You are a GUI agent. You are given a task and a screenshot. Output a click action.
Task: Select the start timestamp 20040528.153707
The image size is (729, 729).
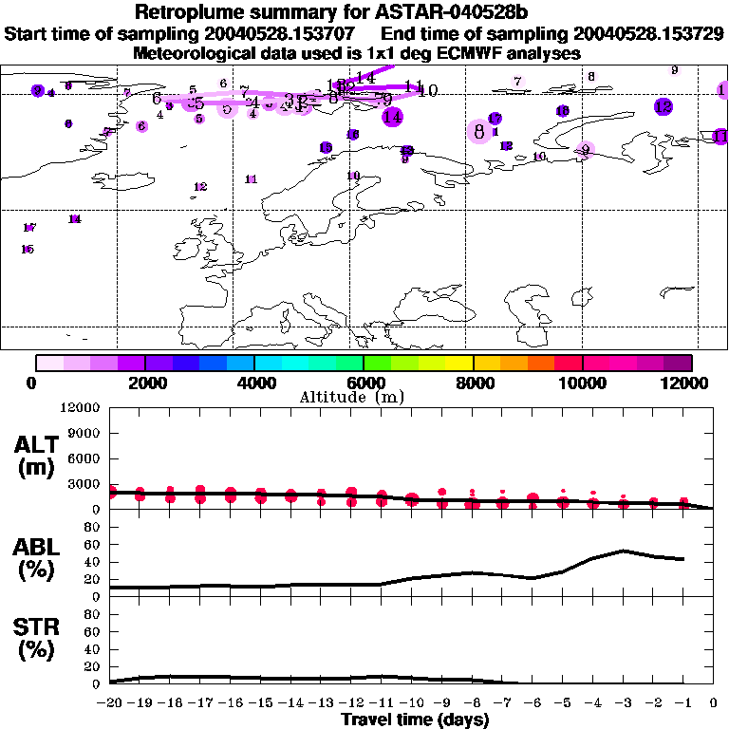(x=282, y=34)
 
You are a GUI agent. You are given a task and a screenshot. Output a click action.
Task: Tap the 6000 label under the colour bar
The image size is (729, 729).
(x=364, y=383)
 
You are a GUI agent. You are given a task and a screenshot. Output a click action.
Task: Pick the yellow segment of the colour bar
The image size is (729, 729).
(x=459, y=363)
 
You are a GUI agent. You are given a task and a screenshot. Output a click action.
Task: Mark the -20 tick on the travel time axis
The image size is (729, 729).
(x=110, y=702)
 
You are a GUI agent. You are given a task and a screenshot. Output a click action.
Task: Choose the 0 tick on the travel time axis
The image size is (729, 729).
(x=713, y=702)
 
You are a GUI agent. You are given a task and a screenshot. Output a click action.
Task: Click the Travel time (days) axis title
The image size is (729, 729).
(x=415, y=720)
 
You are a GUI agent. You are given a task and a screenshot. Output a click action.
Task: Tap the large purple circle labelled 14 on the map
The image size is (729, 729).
(x=392, y=118)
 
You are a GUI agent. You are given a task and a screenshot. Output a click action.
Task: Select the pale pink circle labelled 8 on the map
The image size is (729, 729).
(x=479, y=131)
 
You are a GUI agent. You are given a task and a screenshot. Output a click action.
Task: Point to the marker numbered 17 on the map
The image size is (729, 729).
(x=28, y=228)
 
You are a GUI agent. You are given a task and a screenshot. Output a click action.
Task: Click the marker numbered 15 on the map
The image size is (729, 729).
(x=28, y=250)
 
